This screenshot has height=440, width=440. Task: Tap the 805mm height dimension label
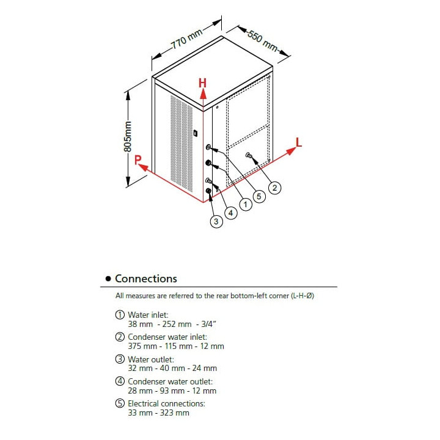pyautogui.click(x=128, y=137)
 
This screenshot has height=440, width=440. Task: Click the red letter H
pyautogui.click(x=202, y=82)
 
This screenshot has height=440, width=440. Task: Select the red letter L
pyautogui.click(x=298, y=142)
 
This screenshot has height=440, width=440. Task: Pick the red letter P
pyautogui.click(x=138, y=160)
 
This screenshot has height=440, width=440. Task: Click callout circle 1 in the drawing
pyautogui.click(x=245, y=205)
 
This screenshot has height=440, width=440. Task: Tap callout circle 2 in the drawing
pyautogui.click(x=275, y=188)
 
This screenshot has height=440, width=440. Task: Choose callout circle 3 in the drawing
pyautogui.click(x=216, y=222)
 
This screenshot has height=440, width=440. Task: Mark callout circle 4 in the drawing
pyautogui.click(x=230, y=213)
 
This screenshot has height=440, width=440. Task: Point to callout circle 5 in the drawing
pyautogui.click(x=260, y=196)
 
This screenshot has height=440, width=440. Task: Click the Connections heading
pyautogui.click(x=146, y=279)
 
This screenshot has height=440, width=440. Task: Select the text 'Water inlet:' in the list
pyautogui.click(x=144, y=315)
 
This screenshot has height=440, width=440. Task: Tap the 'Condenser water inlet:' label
pyautogui.click(x=167, y=337)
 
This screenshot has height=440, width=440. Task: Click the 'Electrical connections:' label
pyautogui.click(x=166, y=403)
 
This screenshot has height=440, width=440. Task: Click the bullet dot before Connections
pyautogui.click(x=108, y=279)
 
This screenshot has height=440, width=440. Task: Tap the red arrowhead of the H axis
pyautogui.click(x=204, y=94)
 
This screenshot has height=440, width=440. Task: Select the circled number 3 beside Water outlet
pyautogui.click(x=120, y=359)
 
